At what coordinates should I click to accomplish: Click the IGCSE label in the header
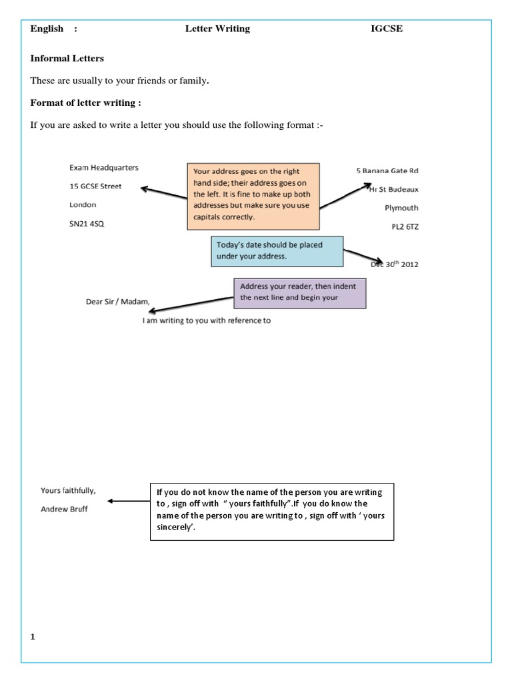click(x=387, y=29)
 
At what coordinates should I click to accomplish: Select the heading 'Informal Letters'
click(x=67, y=59)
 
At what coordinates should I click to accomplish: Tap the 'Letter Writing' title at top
click(x=217, y=29)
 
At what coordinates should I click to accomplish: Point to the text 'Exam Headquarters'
click(x=104, y=168)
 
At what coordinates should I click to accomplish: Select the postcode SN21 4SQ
click(x=87, y=224)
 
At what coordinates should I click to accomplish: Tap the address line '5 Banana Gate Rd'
click(x=388, y=171)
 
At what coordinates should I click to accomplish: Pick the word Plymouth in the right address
click(x=401, y=208)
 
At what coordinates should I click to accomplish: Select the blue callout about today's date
click(x=277, y=250)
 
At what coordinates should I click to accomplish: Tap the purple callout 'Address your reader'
click(x=299, y=292)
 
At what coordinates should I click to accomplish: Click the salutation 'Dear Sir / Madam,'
click(x=117, y=301)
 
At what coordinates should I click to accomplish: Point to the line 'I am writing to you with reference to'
click(x=207, y=320)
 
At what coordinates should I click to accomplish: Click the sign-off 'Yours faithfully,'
click(x=68, y=490)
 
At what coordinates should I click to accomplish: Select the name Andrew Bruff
click(x=63, y=509)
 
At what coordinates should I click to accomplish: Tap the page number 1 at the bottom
click(x=32, y=637)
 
